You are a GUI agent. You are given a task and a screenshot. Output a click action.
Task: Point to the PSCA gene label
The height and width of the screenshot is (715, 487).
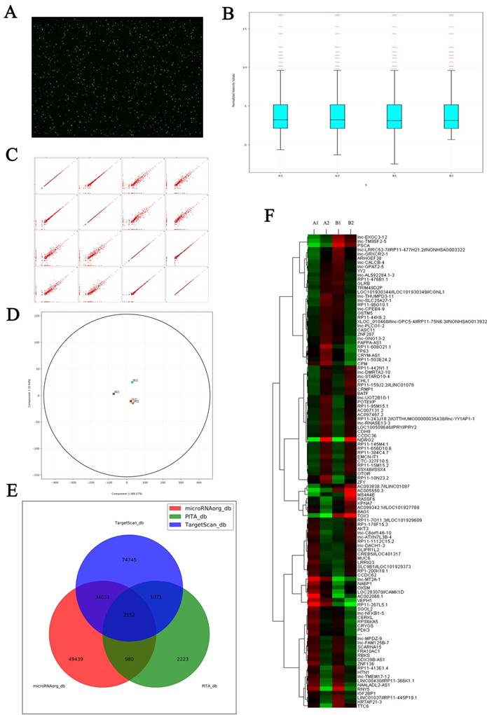364,246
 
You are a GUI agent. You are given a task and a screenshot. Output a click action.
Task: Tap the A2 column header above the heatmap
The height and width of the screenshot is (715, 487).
325,223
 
